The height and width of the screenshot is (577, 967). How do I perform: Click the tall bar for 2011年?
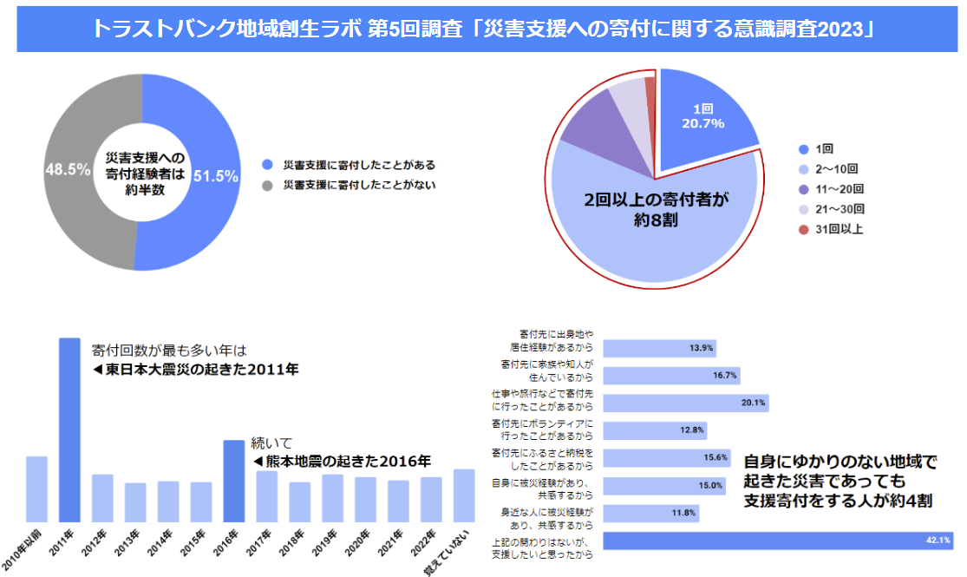(x=69, y=429)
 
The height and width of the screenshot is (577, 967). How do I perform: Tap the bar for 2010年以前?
(x=36, y=488)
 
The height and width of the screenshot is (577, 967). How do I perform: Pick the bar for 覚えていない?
(x=464, y=495)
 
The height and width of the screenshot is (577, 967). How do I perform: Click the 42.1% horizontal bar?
(x=777, y=541)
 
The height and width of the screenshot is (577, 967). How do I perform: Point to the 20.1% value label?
(x=753, y=403)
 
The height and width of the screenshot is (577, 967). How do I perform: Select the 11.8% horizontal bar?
(x=650, y=513)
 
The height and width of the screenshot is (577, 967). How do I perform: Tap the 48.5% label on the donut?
(x=69, y=170)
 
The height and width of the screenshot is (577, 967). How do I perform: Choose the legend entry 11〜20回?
(x=840, y=189)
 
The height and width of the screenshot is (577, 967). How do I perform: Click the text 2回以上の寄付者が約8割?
(x=655, y=209)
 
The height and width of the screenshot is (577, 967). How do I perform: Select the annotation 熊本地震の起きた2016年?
(x=342, y=461)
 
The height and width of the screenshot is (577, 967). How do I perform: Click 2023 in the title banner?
(x=846, y=29)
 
